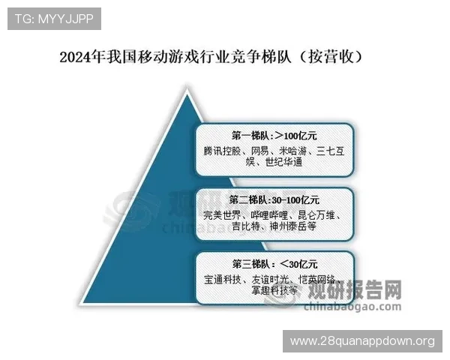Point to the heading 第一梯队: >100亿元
[x=274, y=136]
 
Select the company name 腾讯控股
[x=223, y=151]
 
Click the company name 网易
[x=262, y=151]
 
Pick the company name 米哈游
[x=297, y=151]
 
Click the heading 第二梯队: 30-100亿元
[x=275, y=200]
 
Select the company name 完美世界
[x=223, y=214]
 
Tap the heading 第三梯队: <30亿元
[x=274, y=264]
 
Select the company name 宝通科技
[x=223, y=279]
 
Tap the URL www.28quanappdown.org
[x=362, y=341]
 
